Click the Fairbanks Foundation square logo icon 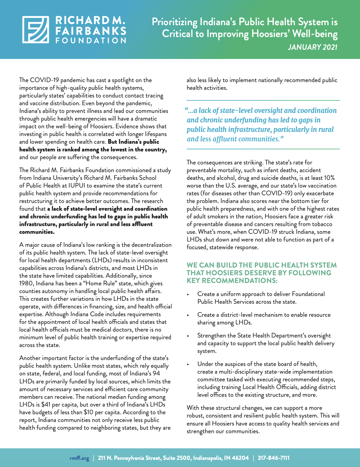tap(36, 29)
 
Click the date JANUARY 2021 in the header tap(313, 47)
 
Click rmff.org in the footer tap(79, 458)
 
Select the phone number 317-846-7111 tap(273, 458)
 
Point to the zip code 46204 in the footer tap(240, 458)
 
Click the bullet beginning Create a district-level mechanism tap(264, 319)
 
